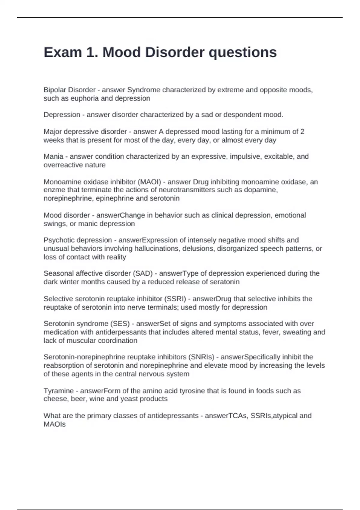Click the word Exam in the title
coord(63,52)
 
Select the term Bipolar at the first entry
coord(55,90)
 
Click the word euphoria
coord(85,98)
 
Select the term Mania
coord(53,157)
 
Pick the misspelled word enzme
coord(53,190)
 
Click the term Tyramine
coord(58,391)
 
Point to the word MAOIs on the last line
coord(54,424)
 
